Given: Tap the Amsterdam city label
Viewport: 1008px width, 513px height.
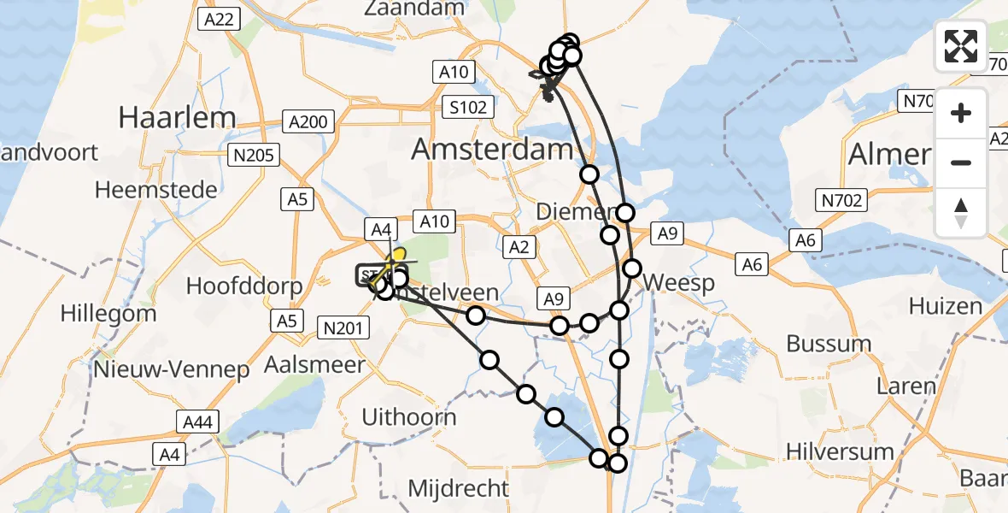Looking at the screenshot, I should pos(492,150).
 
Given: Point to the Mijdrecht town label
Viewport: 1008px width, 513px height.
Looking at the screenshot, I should pos(459,489).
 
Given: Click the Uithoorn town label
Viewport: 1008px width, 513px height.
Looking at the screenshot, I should pos(409,418).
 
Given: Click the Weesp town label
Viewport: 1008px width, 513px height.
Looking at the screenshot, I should pos(679,282).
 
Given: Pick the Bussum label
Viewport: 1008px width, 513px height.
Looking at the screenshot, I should pos(829,344).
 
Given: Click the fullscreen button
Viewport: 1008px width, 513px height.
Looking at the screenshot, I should pos(961,46).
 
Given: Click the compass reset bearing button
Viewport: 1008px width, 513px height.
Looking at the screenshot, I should pos(961,213).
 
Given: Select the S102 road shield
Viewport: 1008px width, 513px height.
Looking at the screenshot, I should pos(470,107).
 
